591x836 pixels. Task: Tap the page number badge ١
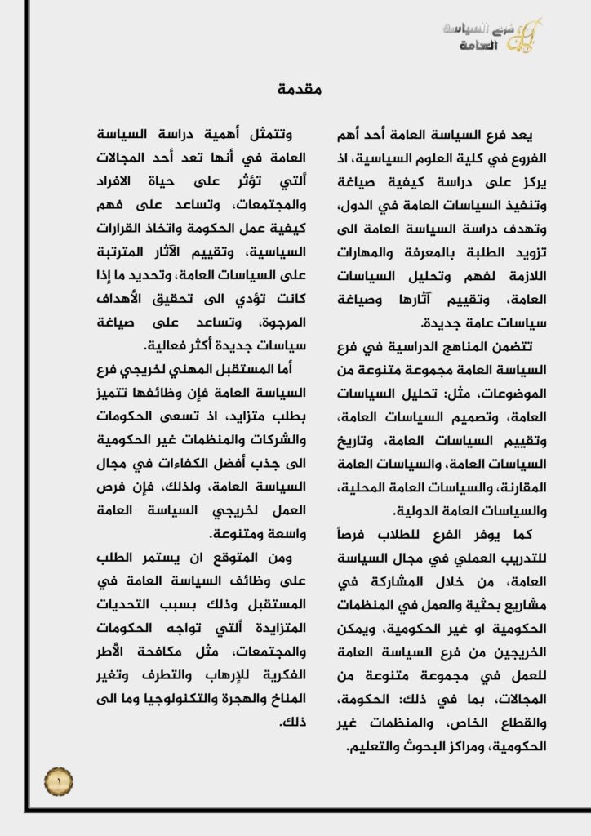coord(59,782)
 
